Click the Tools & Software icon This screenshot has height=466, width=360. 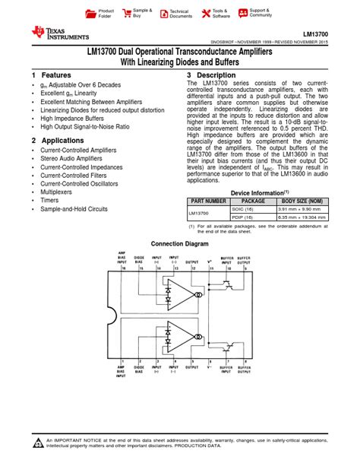207,14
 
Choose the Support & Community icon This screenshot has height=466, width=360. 244,14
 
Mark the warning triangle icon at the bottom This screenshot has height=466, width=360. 38,444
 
